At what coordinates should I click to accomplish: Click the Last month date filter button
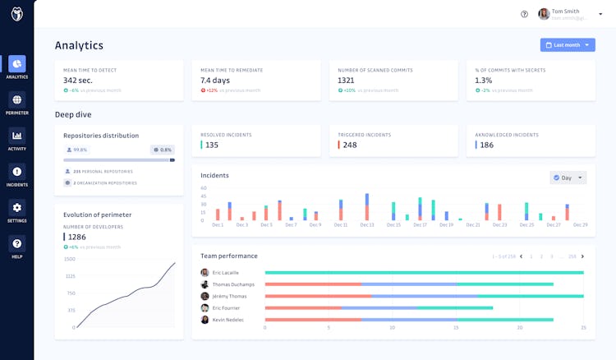(568, 45)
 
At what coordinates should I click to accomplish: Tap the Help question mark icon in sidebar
(17, 244)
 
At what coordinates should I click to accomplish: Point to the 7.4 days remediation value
(216, 80)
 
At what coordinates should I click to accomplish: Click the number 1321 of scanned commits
(347, 80)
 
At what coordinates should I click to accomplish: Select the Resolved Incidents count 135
(211, 145)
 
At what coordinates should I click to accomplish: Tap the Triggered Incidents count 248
(349, 145)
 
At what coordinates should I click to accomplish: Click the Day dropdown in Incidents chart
(568, 178)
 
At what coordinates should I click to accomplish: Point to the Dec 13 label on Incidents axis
(366, 224)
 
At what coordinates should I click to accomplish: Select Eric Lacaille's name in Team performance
(225, 272)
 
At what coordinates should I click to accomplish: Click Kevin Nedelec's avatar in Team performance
(205, 320)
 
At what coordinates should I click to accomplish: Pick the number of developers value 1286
(77, 237)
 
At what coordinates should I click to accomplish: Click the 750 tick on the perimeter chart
(71, 293)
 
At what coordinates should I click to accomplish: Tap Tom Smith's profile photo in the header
(544, 14)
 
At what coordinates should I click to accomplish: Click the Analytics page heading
(79, 45)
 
